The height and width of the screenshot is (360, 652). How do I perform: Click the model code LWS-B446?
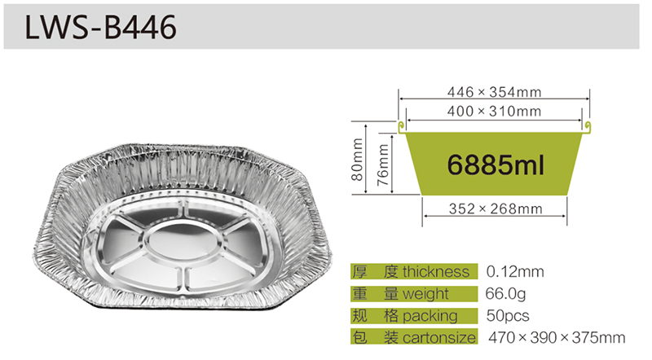pos(100,27)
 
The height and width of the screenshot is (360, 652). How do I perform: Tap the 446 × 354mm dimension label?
pos(494,92)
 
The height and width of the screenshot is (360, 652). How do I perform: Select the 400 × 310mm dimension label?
pos(494,112)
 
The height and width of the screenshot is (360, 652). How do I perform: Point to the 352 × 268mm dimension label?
pos(496,209)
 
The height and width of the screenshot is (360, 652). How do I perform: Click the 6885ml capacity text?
pos(496,165)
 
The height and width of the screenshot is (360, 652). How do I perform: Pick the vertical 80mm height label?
pos(357,159)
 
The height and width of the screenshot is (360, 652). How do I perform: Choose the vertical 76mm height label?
pos(382,165)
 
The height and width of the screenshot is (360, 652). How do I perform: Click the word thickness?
pos(436,272)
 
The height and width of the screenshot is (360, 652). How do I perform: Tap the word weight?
pos(425,294)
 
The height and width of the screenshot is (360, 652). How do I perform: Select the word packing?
pos(430,316)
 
